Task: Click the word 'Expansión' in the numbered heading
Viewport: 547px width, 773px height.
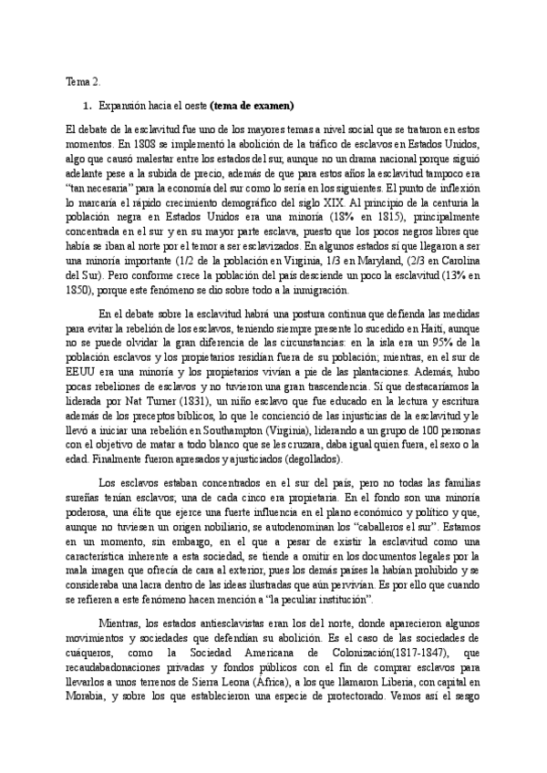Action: point(121,105)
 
